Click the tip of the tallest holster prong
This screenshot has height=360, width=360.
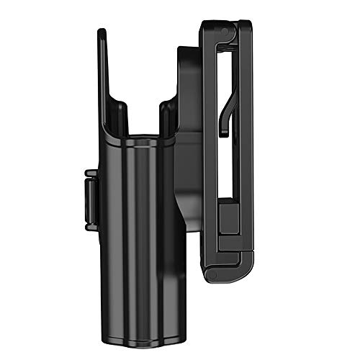coord(101,32)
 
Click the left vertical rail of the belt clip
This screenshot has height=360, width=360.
coord(209,144)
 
